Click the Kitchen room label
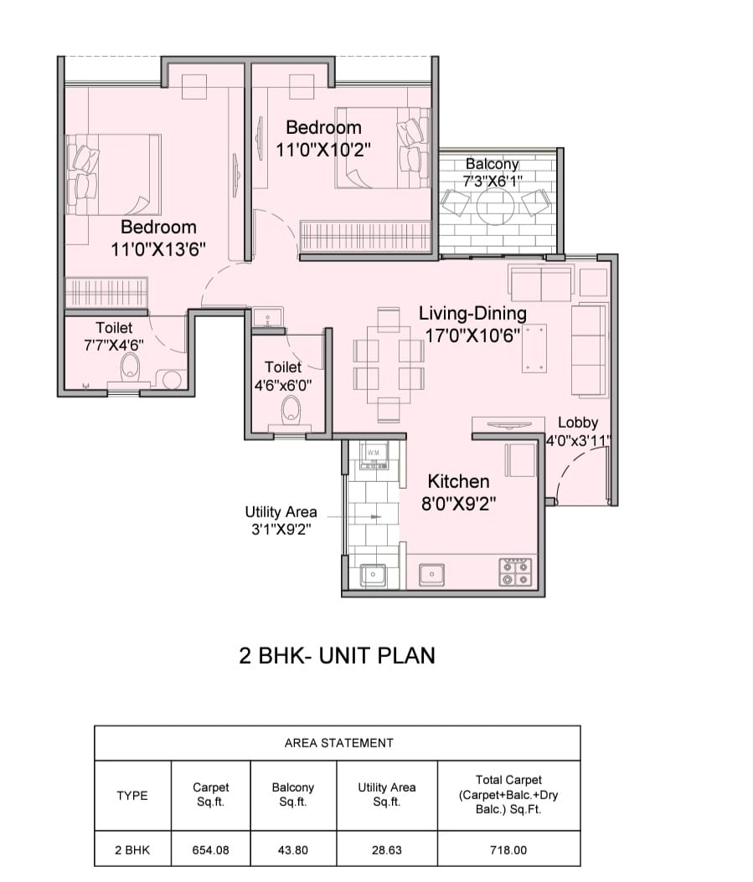pyautogui.click(x=458, y=481)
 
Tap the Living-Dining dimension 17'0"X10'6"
pyautogui.click(x=472, y=336)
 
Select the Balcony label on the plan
pyautogui.click(x=493, y=164)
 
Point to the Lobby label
pyautogui.click(x=578, y=423)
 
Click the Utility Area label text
pyautogui.click(x=281, y=512)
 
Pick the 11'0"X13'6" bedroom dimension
pyautogui.click(x=158, y=249)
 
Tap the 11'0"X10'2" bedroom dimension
pyautogui.click(x=323, y=150)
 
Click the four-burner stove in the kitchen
pyautogui.click(x=515, y=572)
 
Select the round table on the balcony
pyautogui.click(x=496, y=207)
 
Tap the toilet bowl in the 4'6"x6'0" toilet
pyautogui.click(x=291, y=408)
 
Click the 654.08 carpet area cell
pyautogui.click(x=210, y=850)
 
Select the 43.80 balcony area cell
pyautogui.click(x=293, y=850)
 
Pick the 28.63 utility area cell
pyautogui.click(x=387, y=850)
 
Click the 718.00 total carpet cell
pyautogui.click(x=508, y=850)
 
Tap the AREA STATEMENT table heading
pyautogui.click(x=339, y=743)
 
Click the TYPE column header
pyautogui.click(x=132, y=795)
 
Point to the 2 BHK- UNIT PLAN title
pyautogui.click(x=338, y=656)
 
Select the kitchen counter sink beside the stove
pyautogui.click(x=431, y=574)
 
